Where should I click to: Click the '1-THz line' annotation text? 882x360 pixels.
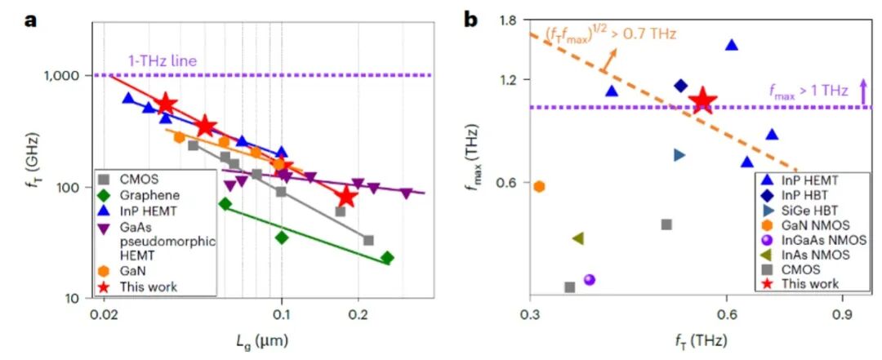pyautogui.click(x=162, y=60)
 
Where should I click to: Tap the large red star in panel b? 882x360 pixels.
pyautogui.click(x=702, y=100)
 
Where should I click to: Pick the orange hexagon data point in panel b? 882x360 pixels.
pyautogui.click(x=539, y=186)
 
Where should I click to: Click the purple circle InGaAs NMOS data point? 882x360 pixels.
pyautogui.click(x=590, y=279)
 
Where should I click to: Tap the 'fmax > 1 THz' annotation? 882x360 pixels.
pyautogui.click(x=808, y=91)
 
